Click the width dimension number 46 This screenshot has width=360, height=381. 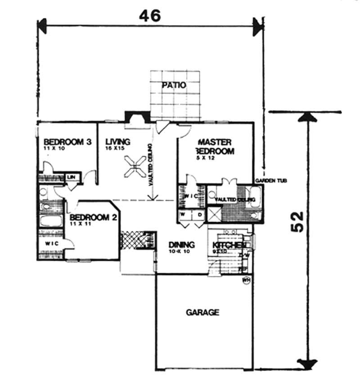pyautogui.click(x=150, y=16)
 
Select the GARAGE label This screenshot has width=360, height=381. pyautogui.click(x=202, y=312)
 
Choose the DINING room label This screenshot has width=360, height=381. pyautogui.click(x=182, y=245)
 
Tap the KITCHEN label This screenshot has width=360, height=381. pyautogui.click(x=229, y=245)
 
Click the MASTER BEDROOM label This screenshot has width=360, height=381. pyautogui.click(x=215, y=147)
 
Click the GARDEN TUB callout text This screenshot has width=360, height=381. pyautogui.click(x=271, y=181)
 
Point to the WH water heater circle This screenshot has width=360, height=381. pyautogui.click(x=246, y=281)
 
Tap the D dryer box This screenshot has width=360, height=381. pyautogui.click(x=199, y=214)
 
